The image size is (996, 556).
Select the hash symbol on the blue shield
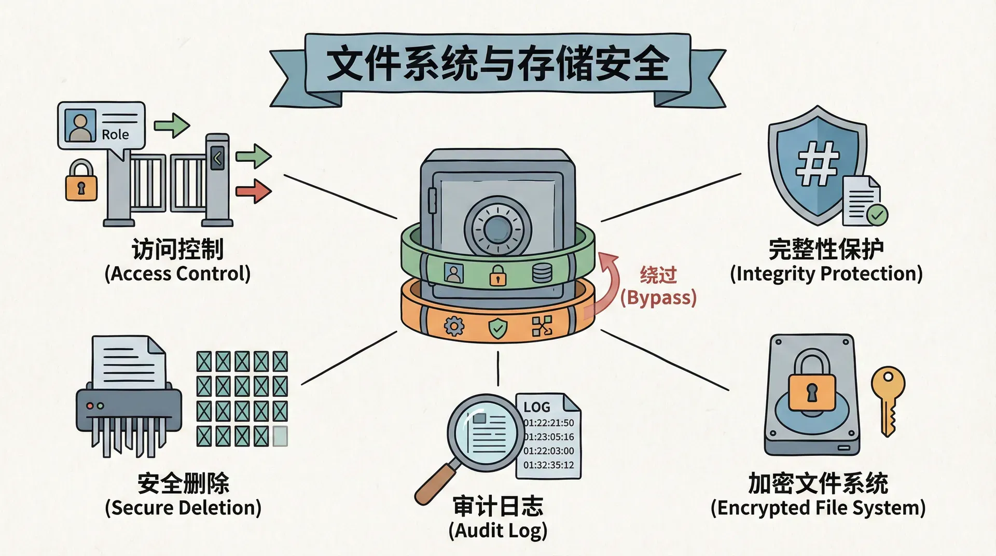point(818,164)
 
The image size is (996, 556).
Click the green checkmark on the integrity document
point(878,214)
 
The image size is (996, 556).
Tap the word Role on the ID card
point(115,135)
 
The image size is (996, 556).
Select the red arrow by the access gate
point(254,191)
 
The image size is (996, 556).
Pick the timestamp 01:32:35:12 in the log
point(549,465)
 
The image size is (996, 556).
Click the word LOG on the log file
point(537,407)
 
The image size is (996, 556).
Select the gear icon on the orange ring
point(454,327)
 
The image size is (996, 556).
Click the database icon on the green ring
point(542,273)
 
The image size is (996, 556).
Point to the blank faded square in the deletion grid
point(280,437)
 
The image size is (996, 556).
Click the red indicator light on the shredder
point(90,406)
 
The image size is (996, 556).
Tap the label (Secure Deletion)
point(183,508)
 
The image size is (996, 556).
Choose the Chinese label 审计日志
point(498,506)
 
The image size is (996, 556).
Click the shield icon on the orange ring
point(498,328)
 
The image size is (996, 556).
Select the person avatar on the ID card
point(80,126)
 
